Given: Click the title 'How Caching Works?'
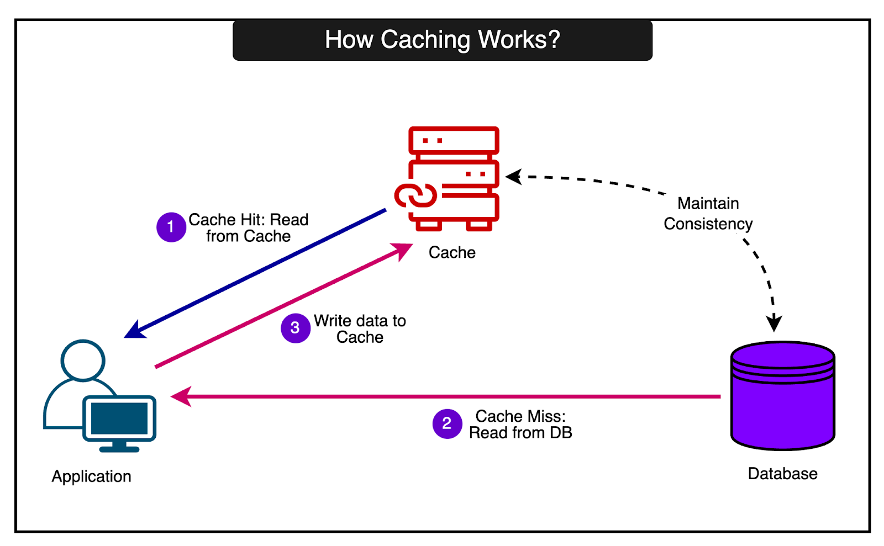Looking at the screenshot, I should [x=442, y=40].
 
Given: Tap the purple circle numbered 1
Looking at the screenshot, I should [x=171, y=227].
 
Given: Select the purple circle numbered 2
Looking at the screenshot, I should [x=447, y=423].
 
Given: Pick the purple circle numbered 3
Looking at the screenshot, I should [x=295, y=328].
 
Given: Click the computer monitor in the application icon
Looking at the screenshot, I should [x=119, y=419].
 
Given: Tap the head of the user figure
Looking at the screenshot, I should [x=83, y=359].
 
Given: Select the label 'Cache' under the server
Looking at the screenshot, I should [x=452, y=252].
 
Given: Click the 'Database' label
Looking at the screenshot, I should [x=782, y=474].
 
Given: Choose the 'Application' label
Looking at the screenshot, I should [x=92, y=476].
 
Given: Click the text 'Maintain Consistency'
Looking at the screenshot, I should [x=708, y=214].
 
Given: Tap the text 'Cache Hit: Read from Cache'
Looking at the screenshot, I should [x=248, y=227].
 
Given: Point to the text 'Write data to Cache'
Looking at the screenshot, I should [x=360, y=328].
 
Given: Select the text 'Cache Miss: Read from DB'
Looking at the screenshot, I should [x=520, y=424].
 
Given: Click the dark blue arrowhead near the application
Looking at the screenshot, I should [x=134, y=330].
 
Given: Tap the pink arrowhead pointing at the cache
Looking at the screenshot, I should [x=402, y=250].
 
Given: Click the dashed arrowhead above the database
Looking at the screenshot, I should [x=774, y=322].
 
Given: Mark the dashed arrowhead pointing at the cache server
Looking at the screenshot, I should [x=514, y=177].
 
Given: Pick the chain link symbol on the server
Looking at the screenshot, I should [x=415, y=195].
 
